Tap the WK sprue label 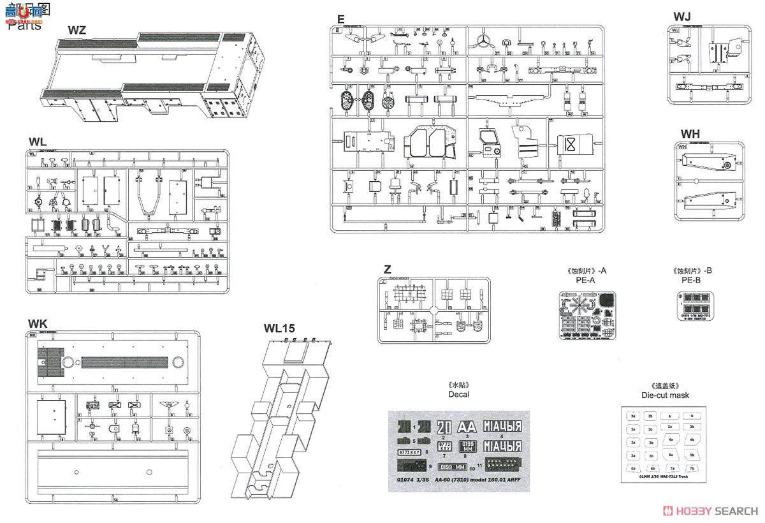click(38, 323)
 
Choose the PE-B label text click(690, 280)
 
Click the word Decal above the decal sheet click(458, 394)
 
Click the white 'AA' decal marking click(467, 427)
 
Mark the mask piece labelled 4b click(691, 440)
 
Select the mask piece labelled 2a click(670, 427)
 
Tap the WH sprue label click(690, 133)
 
